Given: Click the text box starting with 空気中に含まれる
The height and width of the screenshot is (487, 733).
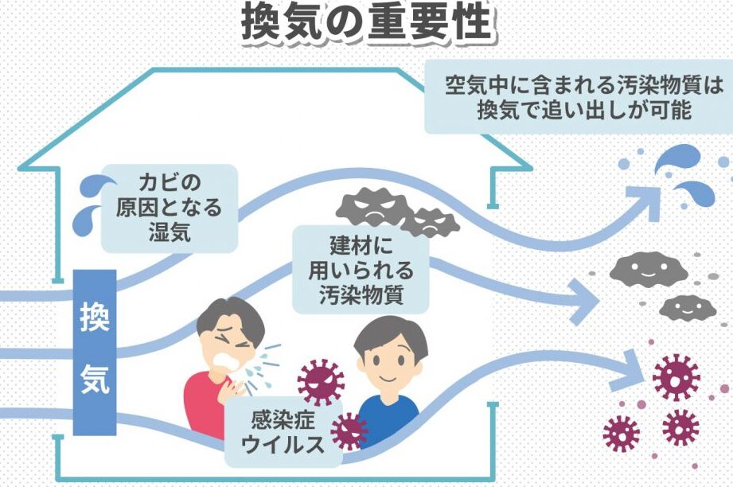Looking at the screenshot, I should (578, 95).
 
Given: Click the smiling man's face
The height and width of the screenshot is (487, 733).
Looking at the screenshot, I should (388, 358).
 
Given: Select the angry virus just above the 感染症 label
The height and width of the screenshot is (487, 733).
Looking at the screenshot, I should (320, 381).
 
